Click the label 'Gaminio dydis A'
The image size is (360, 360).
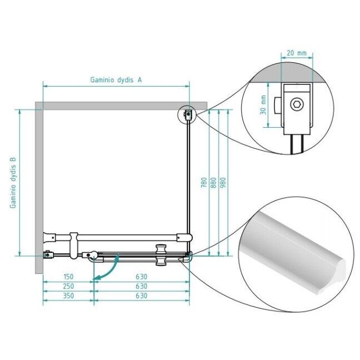(116, 80)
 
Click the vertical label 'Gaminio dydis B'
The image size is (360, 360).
(13, 183)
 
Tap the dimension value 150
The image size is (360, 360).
(68, 277)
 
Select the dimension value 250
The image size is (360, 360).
(68, 286)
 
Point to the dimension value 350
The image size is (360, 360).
(68, 296)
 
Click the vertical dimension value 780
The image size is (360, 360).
(204, 183)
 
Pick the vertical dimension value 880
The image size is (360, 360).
(213, 183)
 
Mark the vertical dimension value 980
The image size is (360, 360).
(223, 183)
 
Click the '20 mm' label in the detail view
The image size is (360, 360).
(297, 53)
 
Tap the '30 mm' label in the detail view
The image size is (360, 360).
(263, 105)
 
